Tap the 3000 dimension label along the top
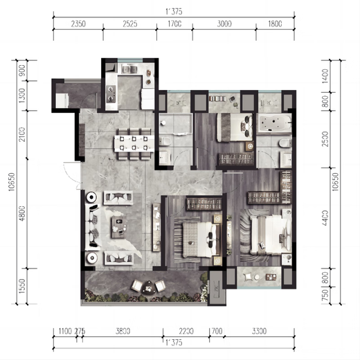[x=223, y=24]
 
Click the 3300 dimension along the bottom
[x=264, y=330]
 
